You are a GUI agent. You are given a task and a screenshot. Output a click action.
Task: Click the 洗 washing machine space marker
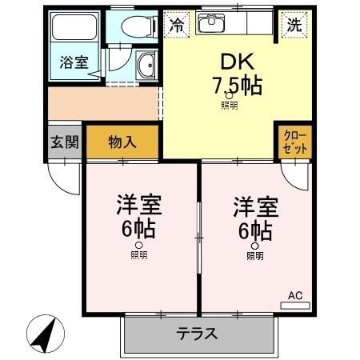[295, 25]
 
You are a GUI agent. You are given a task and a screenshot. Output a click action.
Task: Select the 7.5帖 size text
[237, 85]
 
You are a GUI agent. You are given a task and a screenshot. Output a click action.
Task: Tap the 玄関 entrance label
[65, 143]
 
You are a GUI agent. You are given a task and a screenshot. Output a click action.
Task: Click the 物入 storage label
[122, 143]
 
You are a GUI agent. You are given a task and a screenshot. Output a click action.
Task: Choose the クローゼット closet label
[295, 143]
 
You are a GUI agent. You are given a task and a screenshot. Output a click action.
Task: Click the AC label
[295, 296]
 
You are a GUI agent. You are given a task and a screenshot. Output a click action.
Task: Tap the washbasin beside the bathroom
[146, 66]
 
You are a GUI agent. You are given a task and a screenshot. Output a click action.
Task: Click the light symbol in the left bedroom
[139, 246]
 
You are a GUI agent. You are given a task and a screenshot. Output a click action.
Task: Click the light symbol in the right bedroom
[254, 246]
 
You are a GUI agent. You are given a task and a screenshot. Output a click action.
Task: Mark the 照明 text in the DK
[230, 104]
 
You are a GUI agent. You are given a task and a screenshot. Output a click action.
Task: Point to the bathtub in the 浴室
[74, 30]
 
